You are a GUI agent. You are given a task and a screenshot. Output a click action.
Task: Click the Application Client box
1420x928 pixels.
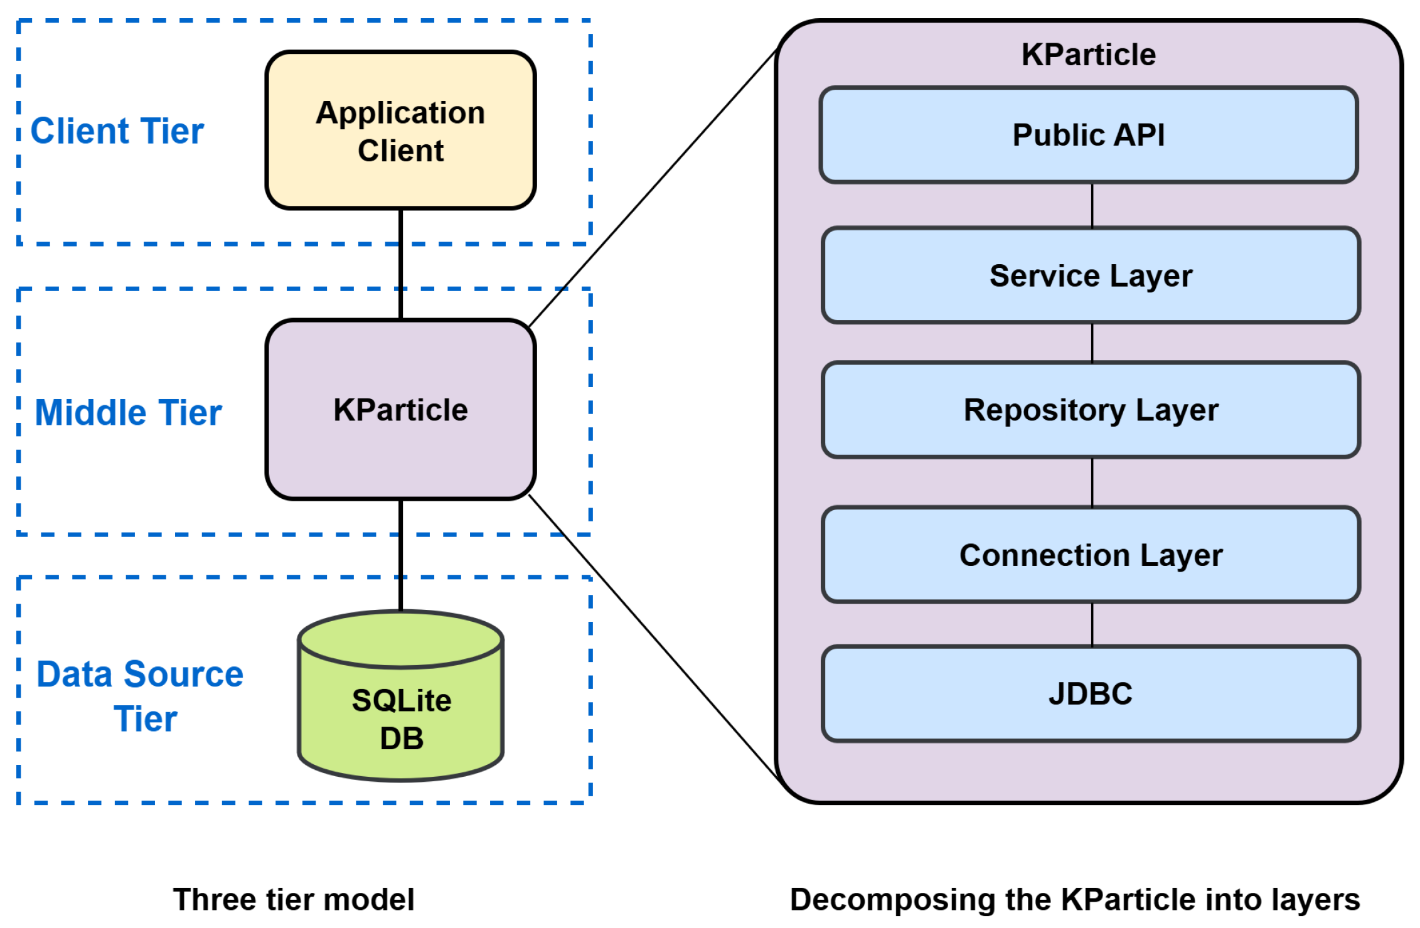coord(400,130)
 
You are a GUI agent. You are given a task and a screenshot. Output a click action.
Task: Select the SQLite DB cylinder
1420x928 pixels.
coord(400,696)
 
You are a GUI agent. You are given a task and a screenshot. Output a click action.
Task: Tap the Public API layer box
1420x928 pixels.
coord(1089,135)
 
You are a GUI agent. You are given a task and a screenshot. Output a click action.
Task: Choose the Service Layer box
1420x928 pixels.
coord(1091,275)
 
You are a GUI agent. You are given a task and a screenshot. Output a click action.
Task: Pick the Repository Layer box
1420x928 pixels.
coord(1091,410)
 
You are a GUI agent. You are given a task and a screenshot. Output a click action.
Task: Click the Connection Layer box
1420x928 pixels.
coord(1091,555)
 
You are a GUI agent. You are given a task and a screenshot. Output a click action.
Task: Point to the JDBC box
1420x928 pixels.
coord(1091,694)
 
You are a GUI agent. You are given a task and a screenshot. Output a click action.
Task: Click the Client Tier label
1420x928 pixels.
coord(117,131)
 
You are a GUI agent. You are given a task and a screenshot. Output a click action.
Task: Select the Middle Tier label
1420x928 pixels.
coord(128,412)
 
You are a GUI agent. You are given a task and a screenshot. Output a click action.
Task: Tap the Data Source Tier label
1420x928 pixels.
coord(140,696)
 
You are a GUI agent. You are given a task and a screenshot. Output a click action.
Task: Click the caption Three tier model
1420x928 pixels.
coord(294,899)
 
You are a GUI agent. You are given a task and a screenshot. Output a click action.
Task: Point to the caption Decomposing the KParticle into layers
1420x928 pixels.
coord(1075,900)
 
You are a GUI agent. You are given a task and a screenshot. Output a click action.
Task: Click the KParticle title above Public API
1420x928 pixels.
coord(1089,54)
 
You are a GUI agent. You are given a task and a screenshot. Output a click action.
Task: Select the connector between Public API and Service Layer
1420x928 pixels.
coord(1092,205)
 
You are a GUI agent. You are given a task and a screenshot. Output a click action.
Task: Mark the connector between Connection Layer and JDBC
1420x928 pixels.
coord(1092,624)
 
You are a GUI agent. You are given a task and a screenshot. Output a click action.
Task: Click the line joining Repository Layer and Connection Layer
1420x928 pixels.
coord(1092,483)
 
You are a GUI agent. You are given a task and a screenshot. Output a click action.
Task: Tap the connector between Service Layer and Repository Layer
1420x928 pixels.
coord(1092,343)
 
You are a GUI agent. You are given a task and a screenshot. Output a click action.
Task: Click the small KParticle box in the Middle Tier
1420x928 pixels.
coord(400,410)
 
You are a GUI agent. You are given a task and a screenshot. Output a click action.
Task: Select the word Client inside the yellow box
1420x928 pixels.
coord(400,151)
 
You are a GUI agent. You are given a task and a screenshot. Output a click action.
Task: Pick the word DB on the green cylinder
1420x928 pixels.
coord(402,738)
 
